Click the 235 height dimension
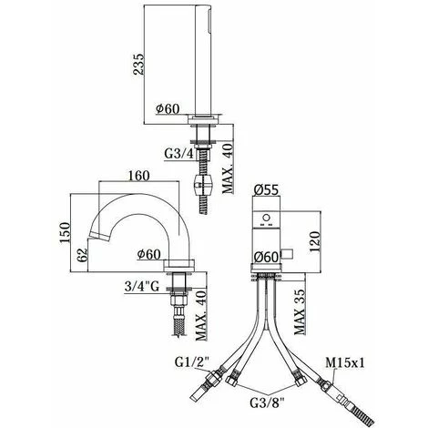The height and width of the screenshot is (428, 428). click(x=138, y=64)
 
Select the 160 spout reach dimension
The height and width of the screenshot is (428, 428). click(x=138, y=176)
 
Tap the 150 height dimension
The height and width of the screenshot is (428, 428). click(x=65, y=232)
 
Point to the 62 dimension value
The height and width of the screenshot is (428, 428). click(x=82, y=255)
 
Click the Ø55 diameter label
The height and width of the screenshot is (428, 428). click(x=266, y=190)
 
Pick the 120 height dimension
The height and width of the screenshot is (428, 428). click(x=315, y=242)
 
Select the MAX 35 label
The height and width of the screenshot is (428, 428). click(x=300, y=311)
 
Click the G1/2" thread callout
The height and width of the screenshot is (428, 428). click(x=192, y=362)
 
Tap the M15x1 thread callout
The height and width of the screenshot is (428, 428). click(x=345, y=362)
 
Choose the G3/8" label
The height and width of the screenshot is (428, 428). click(x=267, y=403)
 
